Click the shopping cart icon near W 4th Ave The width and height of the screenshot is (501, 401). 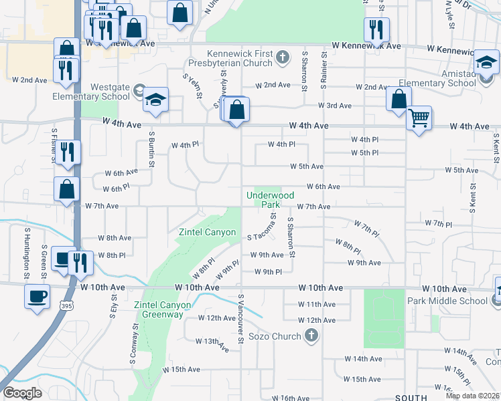(419, 118)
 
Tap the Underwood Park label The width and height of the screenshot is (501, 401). (271, 199)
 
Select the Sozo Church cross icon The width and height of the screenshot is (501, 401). (311, 336)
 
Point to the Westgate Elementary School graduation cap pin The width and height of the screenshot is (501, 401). (155, 102)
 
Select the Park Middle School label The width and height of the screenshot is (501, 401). (447, 300)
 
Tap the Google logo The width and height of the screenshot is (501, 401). (22, 393)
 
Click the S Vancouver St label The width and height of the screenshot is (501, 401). (240, 319)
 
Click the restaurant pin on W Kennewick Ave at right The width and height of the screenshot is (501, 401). (376, 29)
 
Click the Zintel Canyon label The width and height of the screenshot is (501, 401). (207, 233)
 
